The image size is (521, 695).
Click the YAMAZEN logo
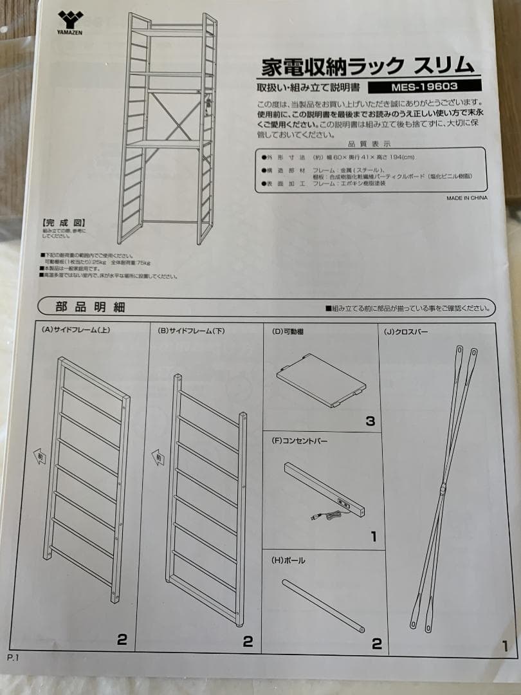(70, 22)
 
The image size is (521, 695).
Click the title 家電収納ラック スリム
(368, 66)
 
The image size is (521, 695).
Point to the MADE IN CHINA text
(466, 198)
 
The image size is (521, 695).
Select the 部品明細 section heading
(81, 307)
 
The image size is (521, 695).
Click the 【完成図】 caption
(60, 221)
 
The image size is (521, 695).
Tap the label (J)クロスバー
(407, 332)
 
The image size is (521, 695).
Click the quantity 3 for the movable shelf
(370, 422)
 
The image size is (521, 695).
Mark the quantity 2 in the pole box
(376, 643)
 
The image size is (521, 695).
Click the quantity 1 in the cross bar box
(504, 645)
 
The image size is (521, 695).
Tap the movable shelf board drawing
(321, 380)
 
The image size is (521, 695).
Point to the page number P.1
(14, 658)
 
